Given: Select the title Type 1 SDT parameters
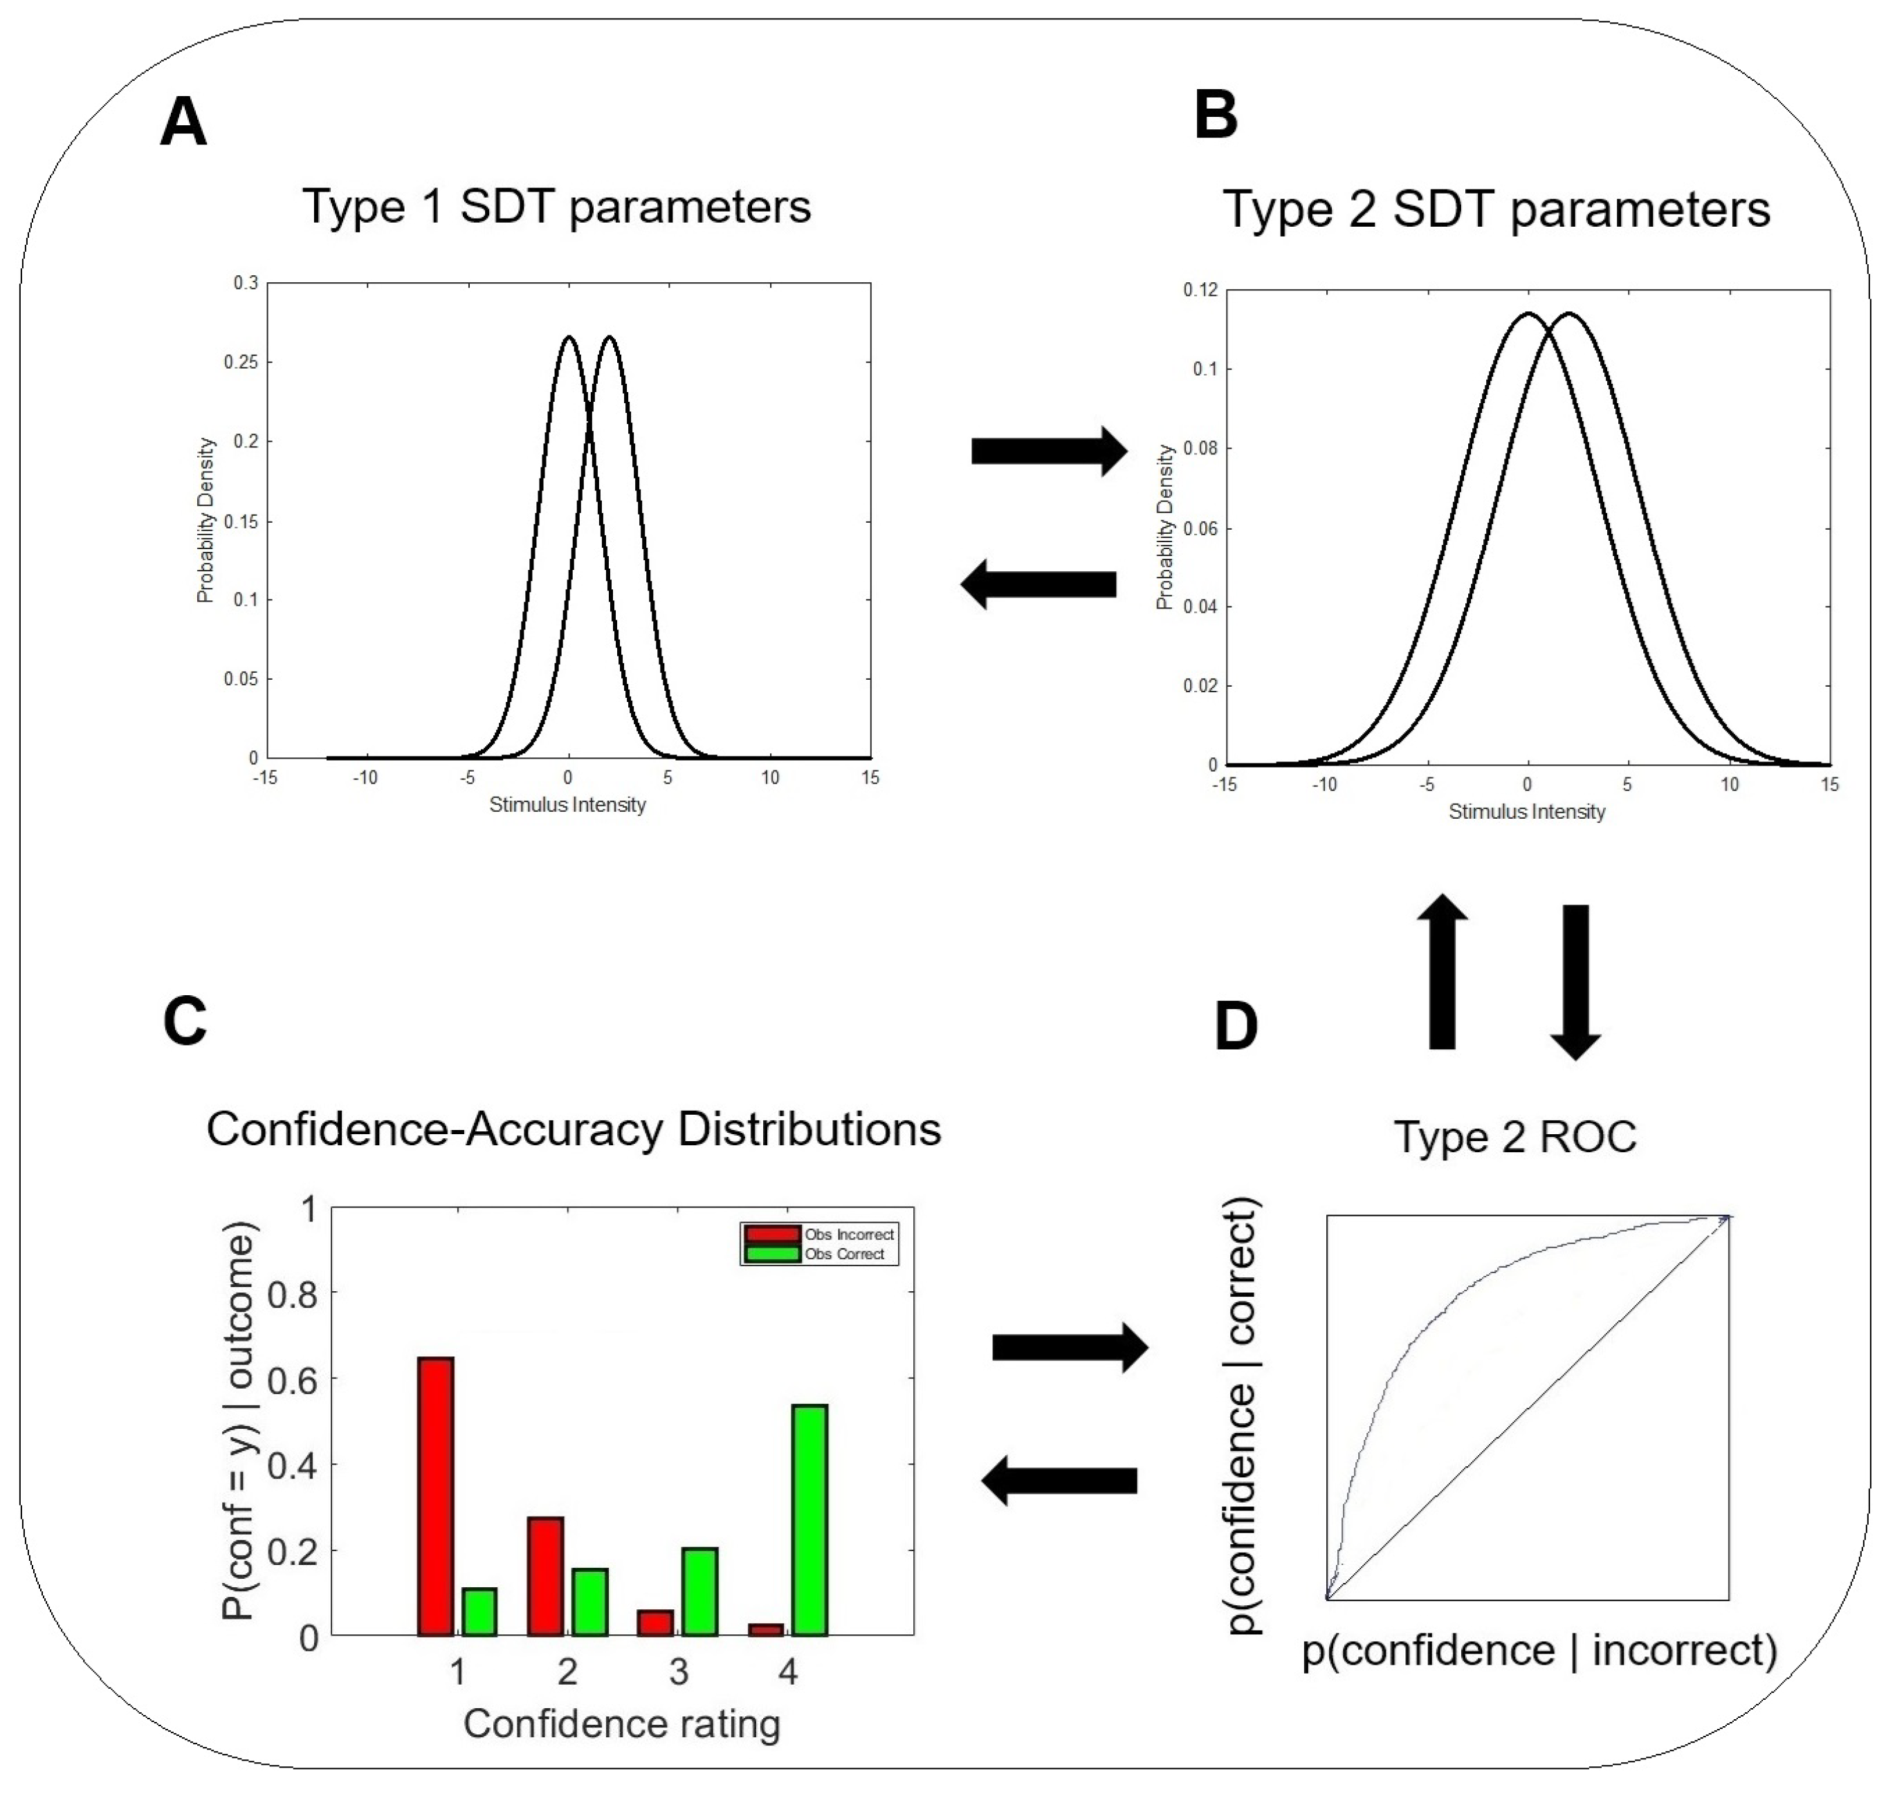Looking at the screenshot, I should (x=556, y=206).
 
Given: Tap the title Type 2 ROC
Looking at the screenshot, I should (x=1515, y=1138).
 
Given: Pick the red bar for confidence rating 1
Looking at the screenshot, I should (x=436, y=1497).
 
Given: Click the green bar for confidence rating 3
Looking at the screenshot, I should (x=700, y=1591).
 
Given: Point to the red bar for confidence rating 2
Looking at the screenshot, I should (x=546, y=1576).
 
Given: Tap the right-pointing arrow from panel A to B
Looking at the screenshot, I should (x=1049, y=451).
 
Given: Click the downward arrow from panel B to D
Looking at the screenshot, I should (x=1575, y=981).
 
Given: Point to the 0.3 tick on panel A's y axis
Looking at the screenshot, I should (x=246, y=284).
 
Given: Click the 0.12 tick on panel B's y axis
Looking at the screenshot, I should (x=1201, y=290).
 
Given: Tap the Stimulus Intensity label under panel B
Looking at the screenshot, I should (x=1526, y=812).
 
